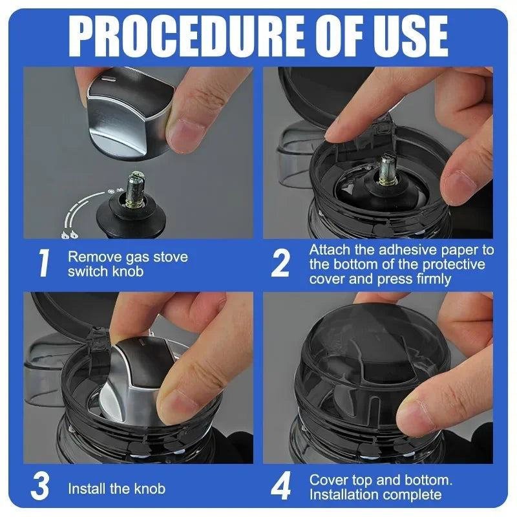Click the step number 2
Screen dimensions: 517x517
(280, 264)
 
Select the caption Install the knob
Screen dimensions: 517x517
(116, 489)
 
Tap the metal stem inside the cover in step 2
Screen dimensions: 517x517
(387, 169)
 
